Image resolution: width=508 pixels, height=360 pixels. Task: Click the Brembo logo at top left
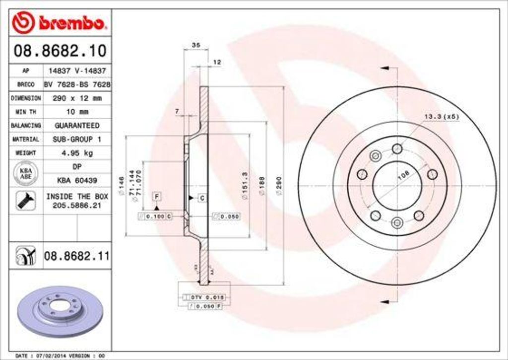pos(60,22)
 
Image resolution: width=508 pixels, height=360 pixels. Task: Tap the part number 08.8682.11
pos(76,256)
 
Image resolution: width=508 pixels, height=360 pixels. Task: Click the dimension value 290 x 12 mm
pos(76,98)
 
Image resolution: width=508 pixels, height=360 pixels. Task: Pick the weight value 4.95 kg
pos(76,153)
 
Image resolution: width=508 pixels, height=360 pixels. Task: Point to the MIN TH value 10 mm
pos(76,112)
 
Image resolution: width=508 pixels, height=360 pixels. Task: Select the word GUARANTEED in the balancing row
pos(76,126)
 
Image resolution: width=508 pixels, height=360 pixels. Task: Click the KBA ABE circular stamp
pos(25,174)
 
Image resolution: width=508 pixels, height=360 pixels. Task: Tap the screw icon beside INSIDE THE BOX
pos(25,201)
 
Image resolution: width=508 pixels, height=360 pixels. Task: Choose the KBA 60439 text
pos(76,180)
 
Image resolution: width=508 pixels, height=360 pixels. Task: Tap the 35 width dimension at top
pos(195,45)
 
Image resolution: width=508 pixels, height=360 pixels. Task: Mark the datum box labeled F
pos(157,196)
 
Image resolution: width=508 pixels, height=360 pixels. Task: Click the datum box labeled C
pos(202,198)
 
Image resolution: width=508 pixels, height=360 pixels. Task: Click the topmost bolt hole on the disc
pos(397,148)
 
